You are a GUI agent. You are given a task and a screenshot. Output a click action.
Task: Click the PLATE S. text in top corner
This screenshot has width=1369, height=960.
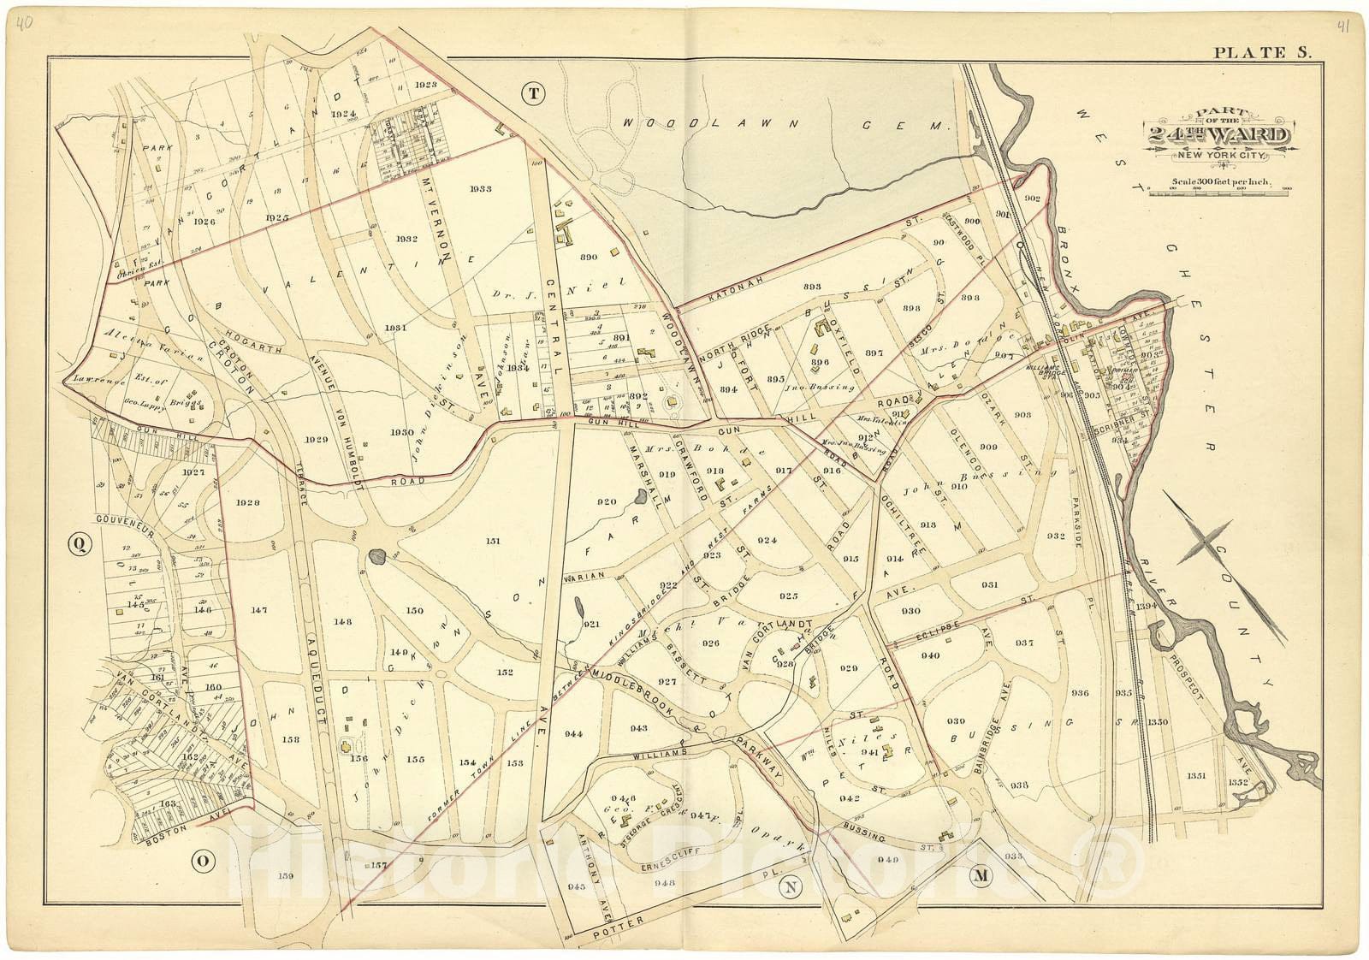[1263, 53]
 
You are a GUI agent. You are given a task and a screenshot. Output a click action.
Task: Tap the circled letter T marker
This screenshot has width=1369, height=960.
[534, 94]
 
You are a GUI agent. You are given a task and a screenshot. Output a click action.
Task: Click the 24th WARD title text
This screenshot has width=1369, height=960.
[1220, 135]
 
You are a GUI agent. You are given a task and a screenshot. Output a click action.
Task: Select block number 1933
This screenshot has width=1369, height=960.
[480, 188]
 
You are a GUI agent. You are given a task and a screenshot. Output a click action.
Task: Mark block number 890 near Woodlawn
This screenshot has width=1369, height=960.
[588, 257]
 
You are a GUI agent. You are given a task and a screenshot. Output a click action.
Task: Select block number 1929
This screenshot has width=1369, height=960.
[316, 439]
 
